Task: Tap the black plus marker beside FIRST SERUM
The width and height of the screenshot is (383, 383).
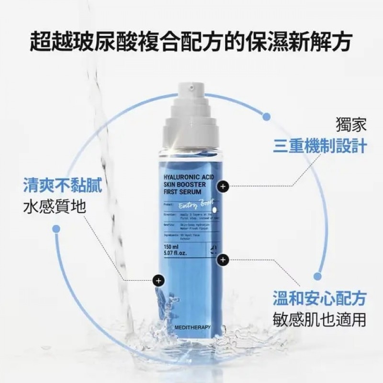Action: (x=223, y=186)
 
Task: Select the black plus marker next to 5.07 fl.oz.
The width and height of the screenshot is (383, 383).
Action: (x=222, y=259)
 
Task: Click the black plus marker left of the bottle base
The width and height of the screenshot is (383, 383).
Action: (x=158, y=280)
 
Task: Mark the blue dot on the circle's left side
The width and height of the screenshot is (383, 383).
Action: (x=56, y=229)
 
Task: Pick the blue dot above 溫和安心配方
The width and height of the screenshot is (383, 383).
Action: (x=317, y=276)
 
